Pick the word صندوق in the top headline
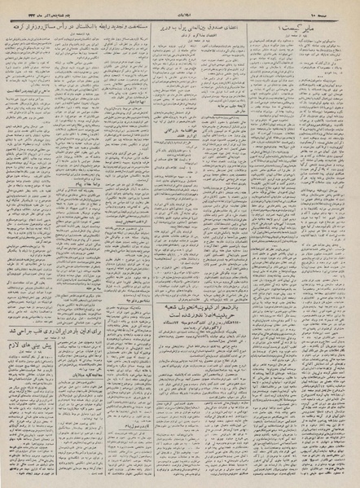pyautogui.click(x=253, y=26)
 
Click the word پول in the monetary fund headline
pyautogui.click(x=213, y=26)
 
